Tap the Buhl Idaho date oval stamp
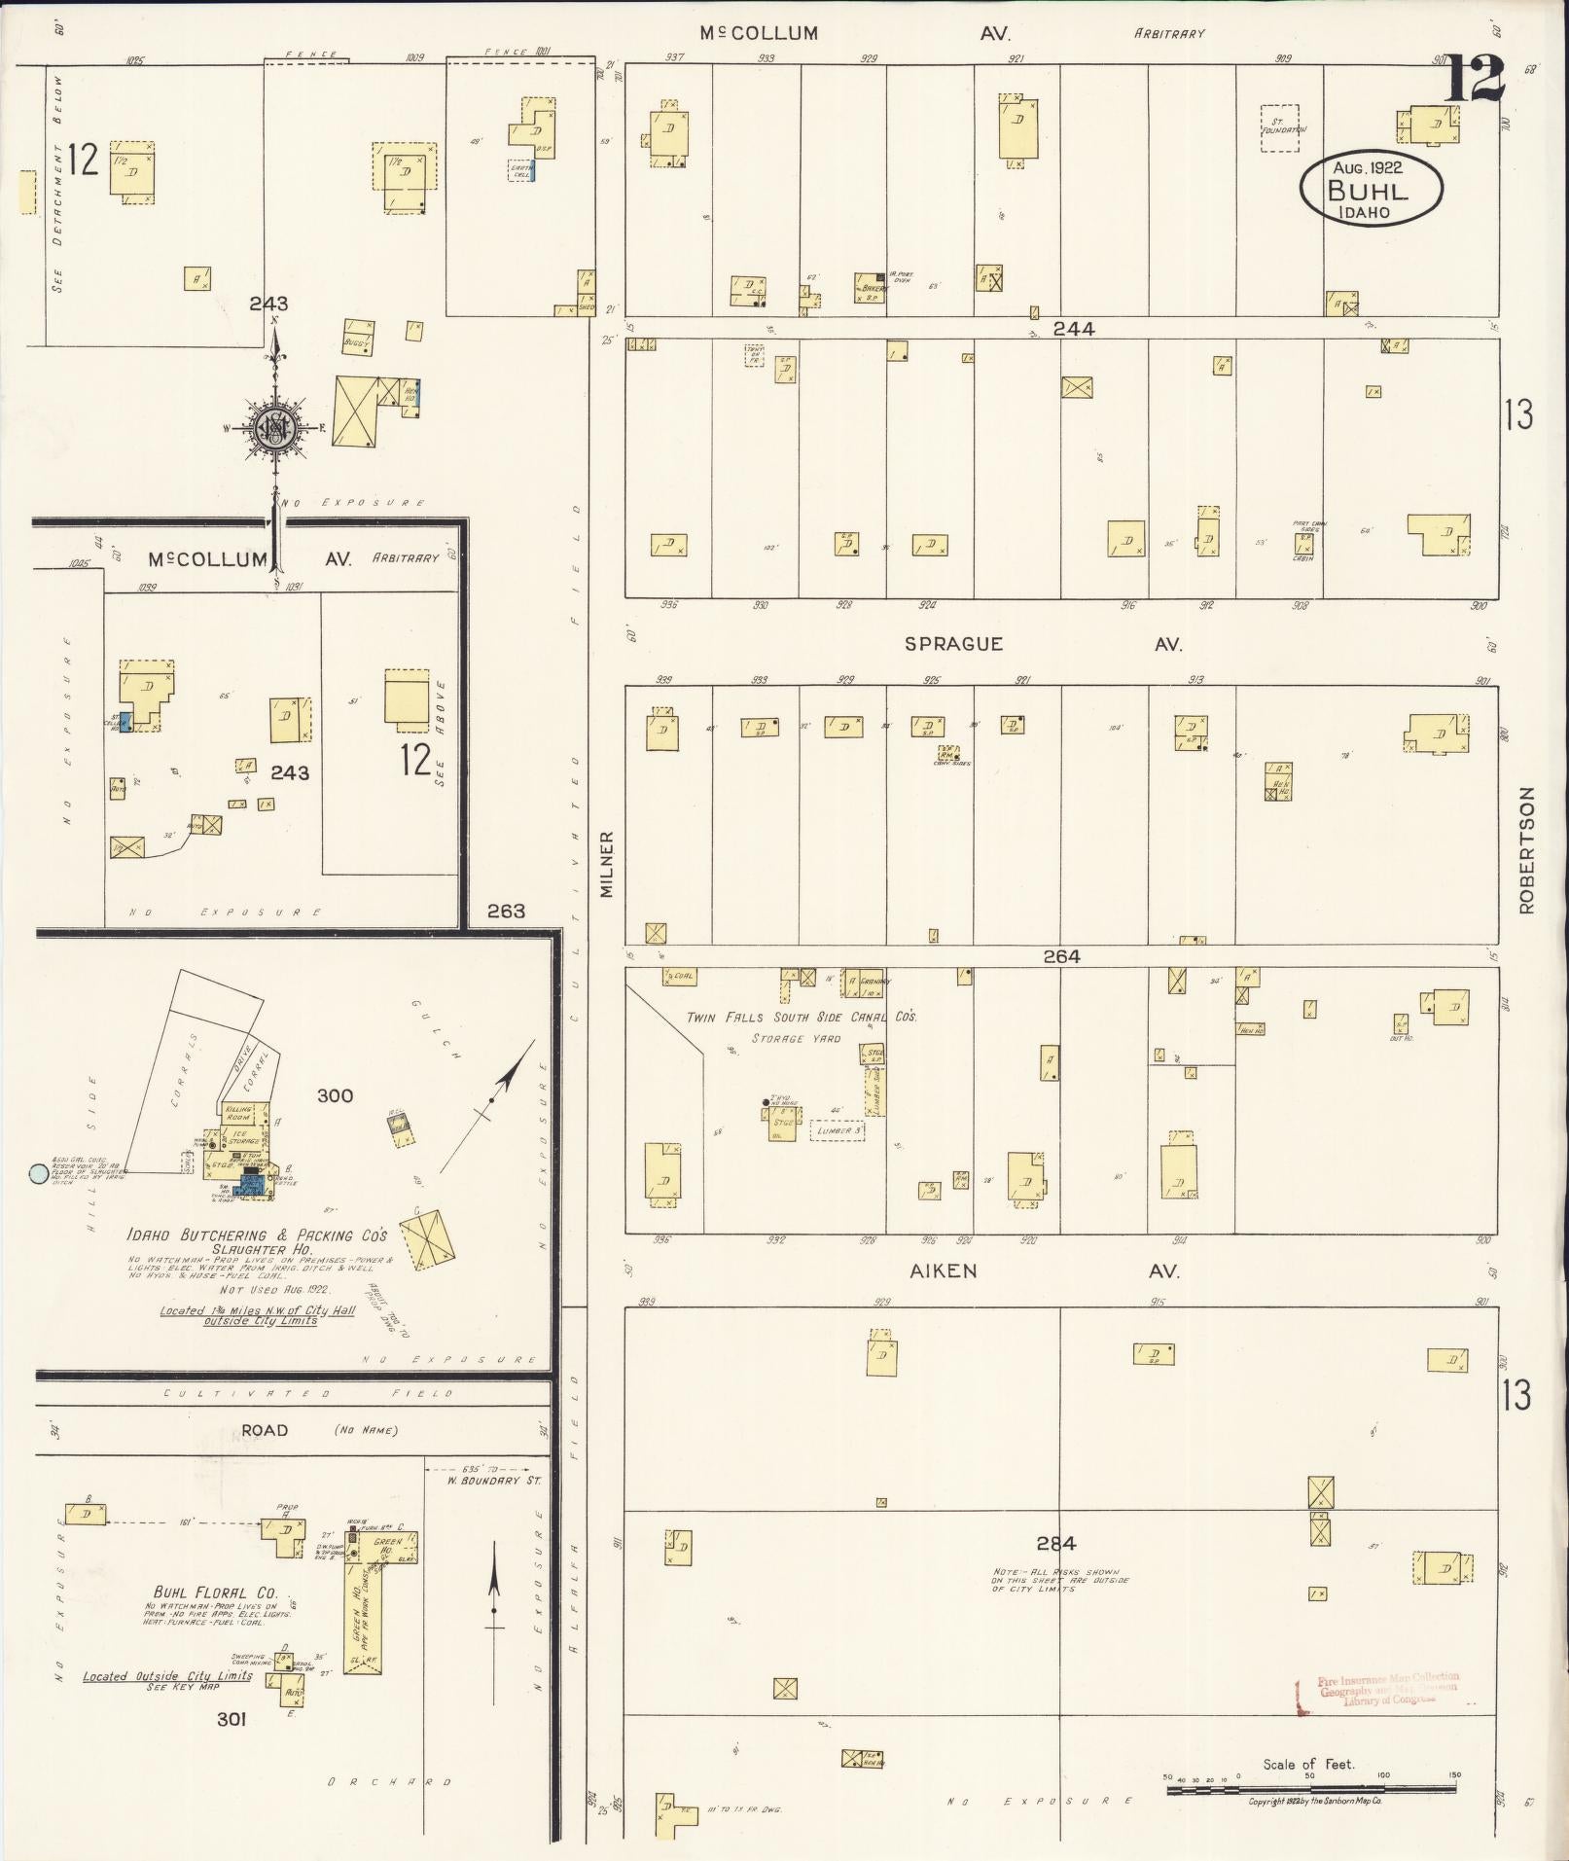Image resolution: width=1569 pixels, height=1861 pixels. [1371, 190]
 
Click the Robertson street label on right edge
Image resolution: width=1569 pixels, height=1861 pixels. [1524, 849]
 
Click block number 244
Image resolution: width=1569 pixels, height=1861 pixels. [1073, 329]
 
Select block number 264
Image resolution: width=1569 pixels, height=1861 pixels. [1061, 956]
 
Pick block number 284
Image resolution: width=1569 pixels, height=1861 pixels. [1055, 1543]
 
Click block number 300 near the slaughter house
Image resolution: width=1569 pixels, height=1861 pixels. [335, 1095]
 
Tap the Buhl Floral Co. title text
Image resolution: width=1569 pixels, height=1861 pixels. [215, 1593]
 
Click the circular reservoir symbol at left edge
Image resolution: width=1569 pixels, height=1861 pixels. [39, 1174]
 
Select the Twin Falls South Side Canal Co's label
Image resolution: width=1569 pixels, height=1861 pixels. [802, 1018]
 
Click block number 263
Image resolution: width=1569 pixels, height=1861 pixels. [506, 911]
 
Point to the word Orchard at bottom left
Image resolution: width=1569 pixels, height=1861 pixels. [389, 1782]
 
